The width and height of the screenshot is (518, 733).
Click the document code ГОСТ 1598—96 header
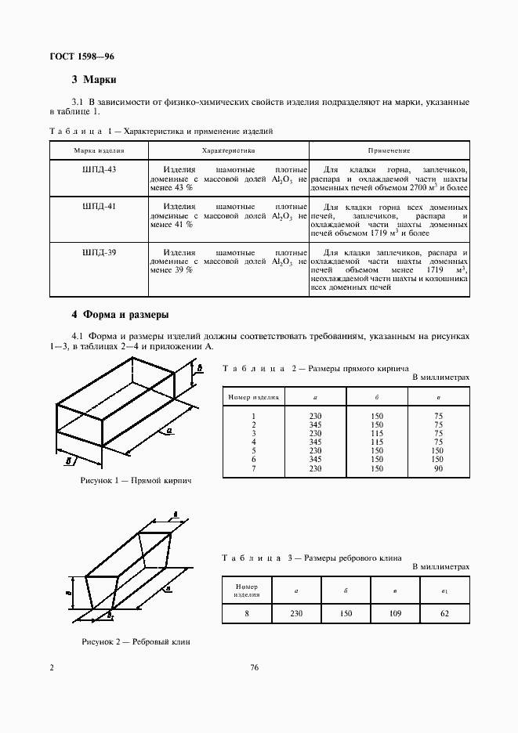pyautogui.click(x=82, y=56)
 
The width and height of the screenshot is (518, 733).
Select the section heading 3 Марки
pyautogui.click(x=94, y=79)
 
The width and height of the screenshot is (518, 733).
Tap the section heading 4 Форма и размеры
pyautogui.click(x=120, y=315)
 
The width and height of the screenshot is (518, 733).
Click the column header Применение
pyautogui.click(x=389, y=150)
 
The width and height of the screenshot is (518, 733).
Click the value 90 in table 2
pyautogui.click(x=438, y=468)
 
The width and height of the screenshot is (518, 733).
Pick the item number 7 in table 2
pyautogui.click(x=254, y=468)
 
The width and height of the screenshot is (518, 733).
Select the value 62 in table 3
pyautogui.click(x=444, y=613)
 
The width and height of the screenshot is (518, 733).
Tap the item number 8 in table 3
pyautogui.click(x=246, y=613)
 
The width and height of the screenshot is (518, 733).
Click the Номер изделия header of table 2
pyautogui.click(x=254, y=397)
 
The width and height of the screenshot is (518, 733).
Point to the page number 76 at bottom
pyautogui.click(x=254, y=667)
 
